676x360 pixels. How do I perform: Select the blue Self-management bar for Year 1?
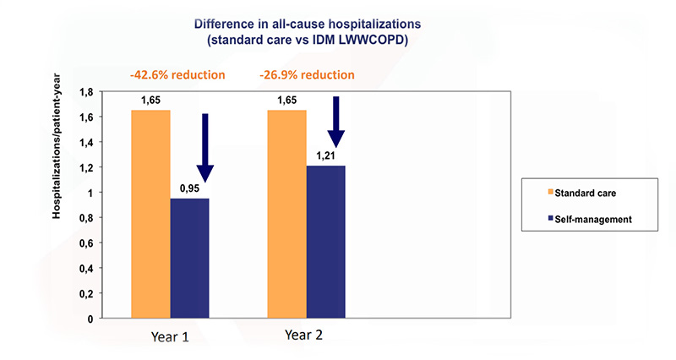(x=190, y=258)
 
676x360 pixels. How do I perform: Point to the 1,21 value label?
(x=325, y=156)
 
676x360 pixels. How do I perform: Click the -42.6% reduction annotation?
(x=177, y=74)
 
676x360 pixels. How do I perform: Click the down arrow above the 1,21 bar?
(x=336, y=120)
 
